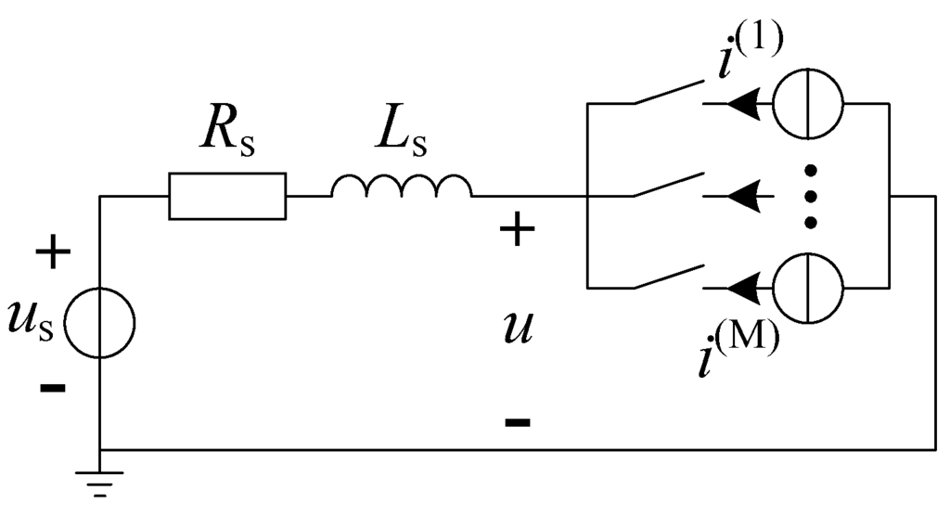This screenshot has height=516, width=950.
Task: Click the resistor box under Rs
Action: pyautogui.click(x=227, y=196)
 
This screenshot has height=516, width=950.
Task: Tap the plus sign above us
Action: pyautogui.click(x=53, y=253)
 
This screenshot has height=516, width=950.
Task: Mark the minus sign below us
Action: pyautogui.click(x=53, y=387)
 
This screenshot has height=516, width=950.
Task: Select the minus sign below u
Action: pyautogui.click(x=518, y=422)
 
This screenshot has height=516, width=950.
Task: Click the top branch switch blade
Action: pyautogui.click(x=666, y=94)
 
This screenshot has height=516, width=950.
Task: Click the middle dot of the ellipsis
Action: pyautogui.click(x=810, y=197)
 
